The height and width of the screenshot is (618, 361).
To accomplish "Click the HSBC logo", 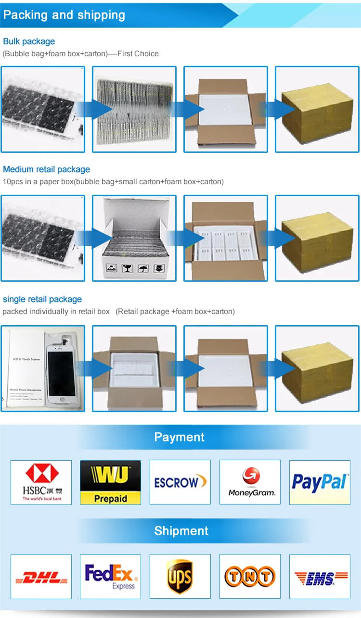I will (41, 482).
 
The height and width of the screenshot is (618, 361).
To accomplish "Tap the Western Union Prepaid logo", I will (110, 482).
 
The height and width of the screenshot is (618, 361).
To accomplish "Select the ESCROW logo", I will (180, 482).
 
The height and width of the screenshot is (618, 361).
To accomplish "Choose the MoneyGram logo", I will (250, 482).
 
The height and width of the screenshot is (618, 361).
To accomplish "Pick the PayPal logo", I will (320, 482).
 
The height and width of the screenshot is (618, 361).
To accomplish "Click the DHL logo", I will (41, 576).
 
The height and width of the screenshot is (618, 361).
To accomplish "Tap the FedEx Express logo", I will (110, 576).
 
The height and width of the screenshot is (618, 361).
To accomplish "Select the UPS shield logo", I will (180, 576).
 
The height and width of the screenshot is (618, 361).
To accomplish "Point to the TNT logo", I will (250, 576).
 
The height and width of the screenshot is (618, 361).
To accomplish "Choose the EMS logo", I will (320, 576).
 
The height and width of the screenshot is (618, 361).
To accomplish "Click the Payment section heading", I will (179, 437).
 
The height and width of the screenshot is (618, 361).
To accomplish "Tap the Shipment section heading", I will (181, 531).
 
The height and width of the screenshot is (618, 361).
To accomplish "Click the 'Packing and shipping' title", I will (64, 15).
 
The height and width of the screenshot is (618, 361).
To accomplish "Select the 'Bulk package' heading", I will (29, 41).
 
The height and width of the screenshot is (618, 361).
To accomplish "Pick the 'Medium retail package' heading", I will (46, 169).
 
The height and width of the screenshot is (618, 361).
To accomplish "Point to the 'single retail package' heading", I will (42, 299).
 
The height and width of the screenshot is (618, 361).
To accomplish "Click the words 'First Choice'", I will (140, 53).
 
